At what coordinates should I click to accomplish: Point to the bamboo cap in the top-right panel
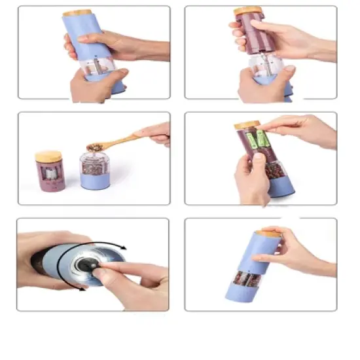pyautogui.click(x=248, y=11)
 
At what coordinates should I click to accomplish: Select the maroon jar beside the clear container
pyautogui.click(x=49, y=177)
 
